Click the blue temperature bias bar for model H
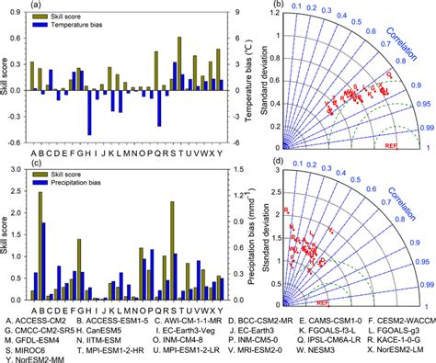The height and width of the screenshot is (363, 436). click(89, 111)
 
